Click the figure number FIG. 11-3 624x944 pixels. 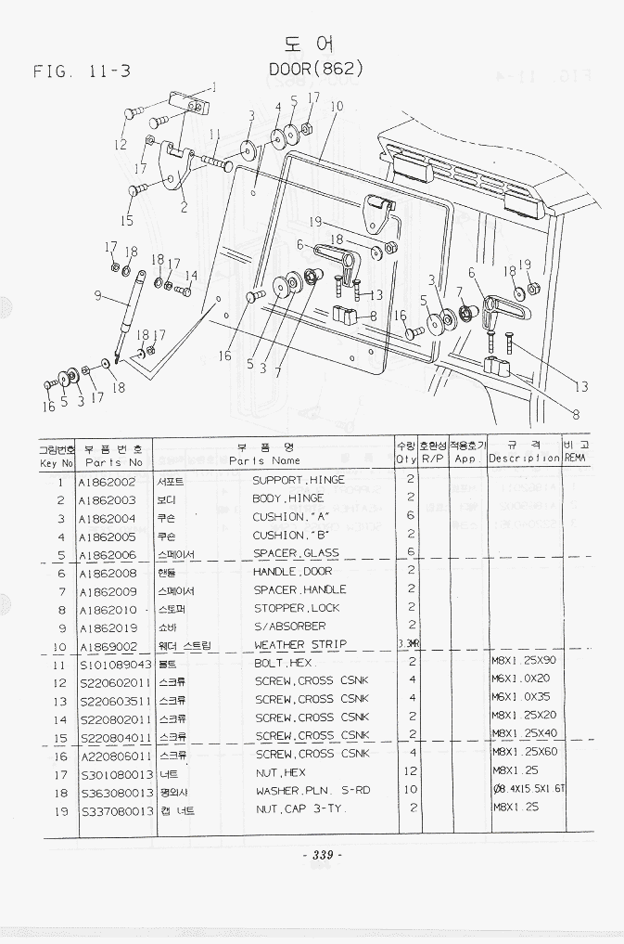pyautogui.click(x=82, y=71)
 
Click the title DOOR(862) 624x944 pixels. pyautogui.click(x=315, y=69)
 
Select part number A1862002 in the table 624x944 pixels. pyautogui.click(x=107, y=481)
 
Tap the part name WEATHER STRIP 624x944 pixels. pyautogui.click(x=300, y=644)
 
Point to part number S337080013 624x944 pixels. pyautogui.click(x=115, y=810)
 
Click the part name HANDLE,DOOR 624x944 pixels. pyautogui.click(x=293, y=572)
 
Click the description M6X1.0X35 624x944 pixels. pyautogui.click(x=521, y=699)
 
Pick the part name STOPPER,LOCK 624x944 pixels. pyautogui.click(x=297, y=608)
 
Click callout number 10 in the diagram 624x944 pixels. pyautogui.click(x=336, y=106)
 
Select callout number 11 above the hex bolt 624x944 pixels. pyautogui.click(x=214, y=133)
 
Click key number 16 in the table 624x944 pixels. pyautogui.click(x=60, y=756)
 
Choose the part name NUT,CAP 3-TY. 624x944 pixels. pyautogui.click(x=299, y=810)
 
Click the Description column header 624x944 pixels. pyautogui.click(x=524, y=458)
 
